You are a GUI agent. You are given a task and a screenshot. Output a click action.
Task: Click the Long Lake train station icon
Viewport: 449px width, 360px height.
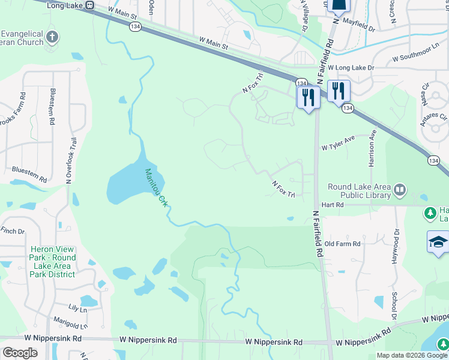[x=89, y=5]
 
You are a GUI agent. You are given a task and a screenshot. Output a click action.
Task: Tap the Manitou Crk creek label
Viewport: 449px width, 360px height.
[x=154, y=187]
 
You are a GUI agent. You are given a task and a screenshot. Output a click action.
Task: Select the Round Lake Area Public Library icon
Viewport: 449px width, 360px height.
[x=400, y=191]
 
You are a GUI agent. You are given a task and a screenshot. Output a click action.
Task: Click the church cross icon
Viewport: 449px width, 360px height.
[x=52, y=36]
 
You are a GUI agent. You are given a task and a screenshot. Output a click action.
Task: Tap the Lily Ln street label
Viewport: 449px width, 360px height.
[x=77, y=308]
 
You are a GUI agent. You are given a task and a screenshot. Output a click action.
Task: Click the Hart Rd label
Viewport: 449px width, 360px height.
[x=331, y=205]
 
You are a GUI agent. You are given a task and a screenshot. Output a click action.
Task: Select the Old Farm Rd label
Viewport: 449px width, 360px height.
[x=342, y=244]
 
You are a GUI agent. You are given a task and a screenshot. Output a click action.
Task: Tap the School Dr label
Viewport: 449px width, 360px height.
[x=394, y=307]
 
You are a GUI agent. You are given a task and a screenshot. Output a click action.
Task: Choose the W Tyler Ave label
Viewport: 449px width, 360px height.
[x=339, y=146]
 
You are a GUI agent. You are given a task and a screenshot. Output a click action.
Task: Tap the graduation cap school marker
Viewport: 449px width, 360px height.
[x=438, y=242]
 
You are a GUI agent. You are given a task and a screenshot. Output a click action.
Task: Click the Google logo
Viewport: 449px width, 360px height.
[x=20, y=352]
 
